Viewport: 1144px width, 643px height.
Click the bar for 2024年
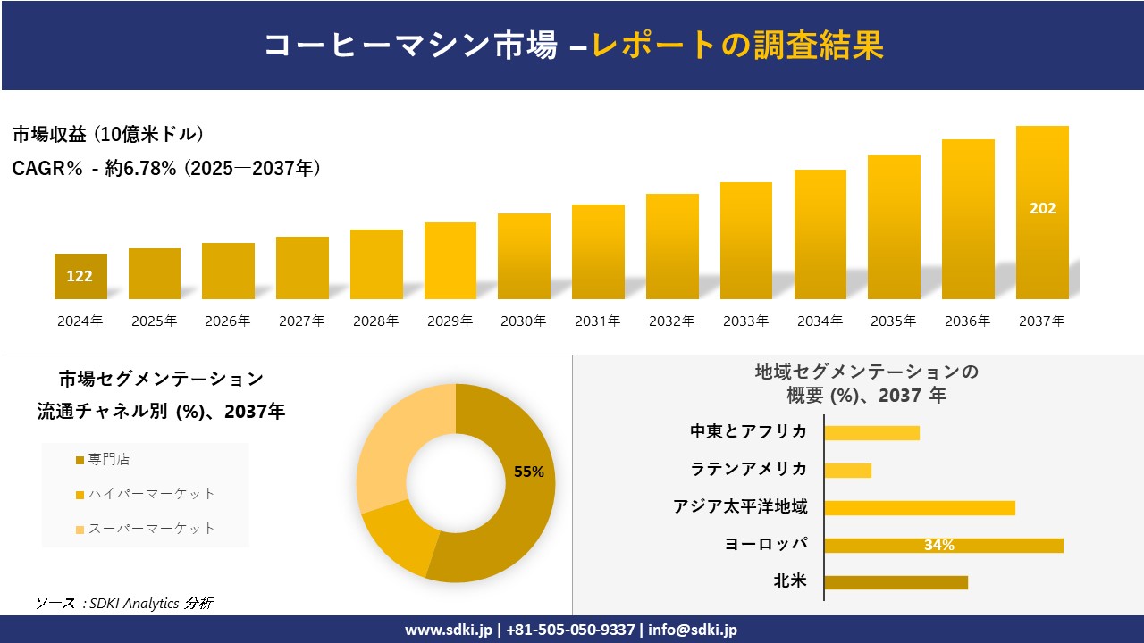coord(80,276)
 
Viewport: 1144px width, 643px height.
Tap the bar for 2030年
coord(524,256)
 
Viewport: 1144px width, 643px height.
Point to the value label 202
coord(1042,208)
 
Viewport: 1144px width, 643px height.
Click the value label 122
coord(80,276)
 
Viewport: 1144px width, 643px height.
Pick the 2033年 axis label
coord(745,321)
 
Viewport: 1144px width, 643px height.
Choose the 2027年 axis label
coord(301,321)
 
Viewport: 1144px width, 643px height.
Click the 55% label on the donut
coord(529,472)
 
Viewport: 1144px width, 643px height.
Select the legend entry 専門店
coord(108,460)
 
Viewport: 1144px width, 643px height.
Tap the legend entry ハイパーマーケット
coord(151,494)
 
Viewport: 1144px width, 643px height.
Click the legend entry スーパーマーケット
coord(151,528)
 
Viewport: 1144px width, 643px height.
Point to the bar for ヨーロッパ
coord(943,545)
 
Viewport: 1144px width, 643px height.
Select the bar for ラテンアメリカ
coord(847,470)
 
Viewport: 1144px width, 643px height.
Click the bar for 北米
coord(896,582)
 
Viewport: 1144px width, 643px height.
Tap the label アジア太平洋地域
coord(740,507)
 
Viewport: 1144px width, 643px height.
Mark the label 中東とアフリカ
coord(748,432)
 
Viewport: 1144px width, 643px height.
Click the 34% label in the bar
coord(938,545)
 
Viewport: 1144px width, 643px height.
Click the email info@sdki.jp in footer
coord(693,630)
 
